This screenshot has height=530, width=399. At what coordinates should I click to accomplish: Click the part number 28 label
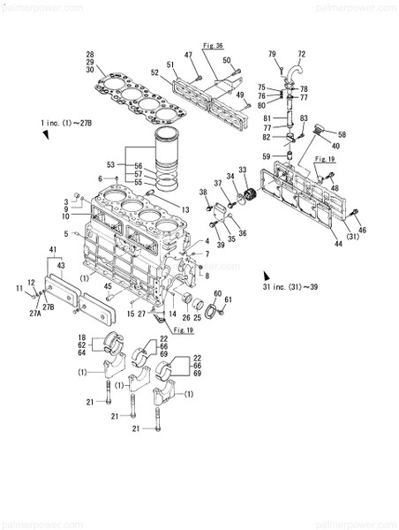[x=89, y=56]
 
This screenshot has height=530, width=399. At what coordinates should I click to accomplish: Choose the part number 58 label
[x=342, y=134]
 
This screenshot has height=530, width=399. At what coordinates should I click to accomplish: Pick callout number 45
[x=107, y=285]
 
